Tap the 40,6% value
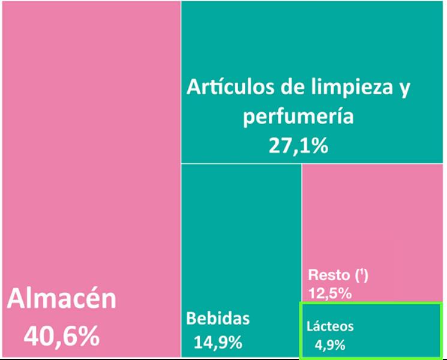[62, 336]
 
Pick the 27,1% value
[298, 145]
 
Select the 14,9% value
[218, 343]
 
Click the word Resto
[328, 275]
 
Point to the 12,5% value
[330, 293]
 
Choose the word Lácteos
[330, 326]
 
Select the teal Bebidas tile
[240, 240]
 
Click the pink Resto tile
[372, 222]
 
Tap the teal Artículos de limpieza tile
[312, 36]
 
